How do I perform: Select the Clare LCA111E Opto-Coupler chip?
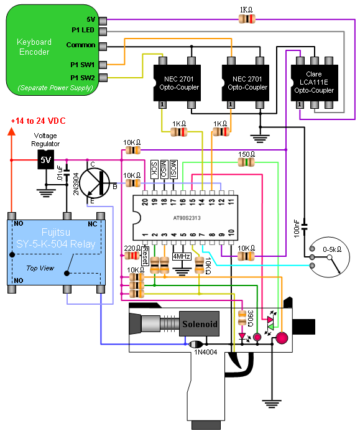pos(314,83)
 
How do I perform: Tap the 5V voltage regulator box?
pos(45,159)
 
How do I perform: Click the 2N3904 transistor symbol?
pos(95,183)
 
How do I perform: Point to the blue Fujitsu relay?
pos(56,253)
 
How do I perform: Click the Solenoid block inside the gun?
pos(199,324)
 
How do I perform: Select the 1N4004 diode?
pos(196,344)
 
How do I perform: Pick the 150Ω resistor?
pos(246,162)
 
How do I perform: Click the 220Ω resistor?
pos(132,256)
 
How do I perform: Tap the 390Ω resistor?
pos(242,318)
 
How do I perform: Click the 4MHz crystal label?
pos(182,256)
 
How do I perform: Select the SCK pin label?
pos(154,169)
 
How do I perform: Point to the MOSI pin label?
pos(173,169)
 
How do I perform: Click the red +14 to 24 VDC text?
pos(38,121)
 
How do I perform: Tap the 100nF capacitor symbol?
pos(304,228)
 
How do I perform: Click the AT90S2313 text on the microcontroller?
pos(187,218)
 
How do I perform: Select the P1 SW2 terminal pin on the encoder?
pos(103,78)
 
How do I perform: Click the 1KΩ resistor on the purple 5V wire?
pos(247,19)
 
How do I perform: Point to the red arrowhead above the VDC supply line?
pos(12,131)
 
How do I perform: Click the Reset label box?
pos(145,256)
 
